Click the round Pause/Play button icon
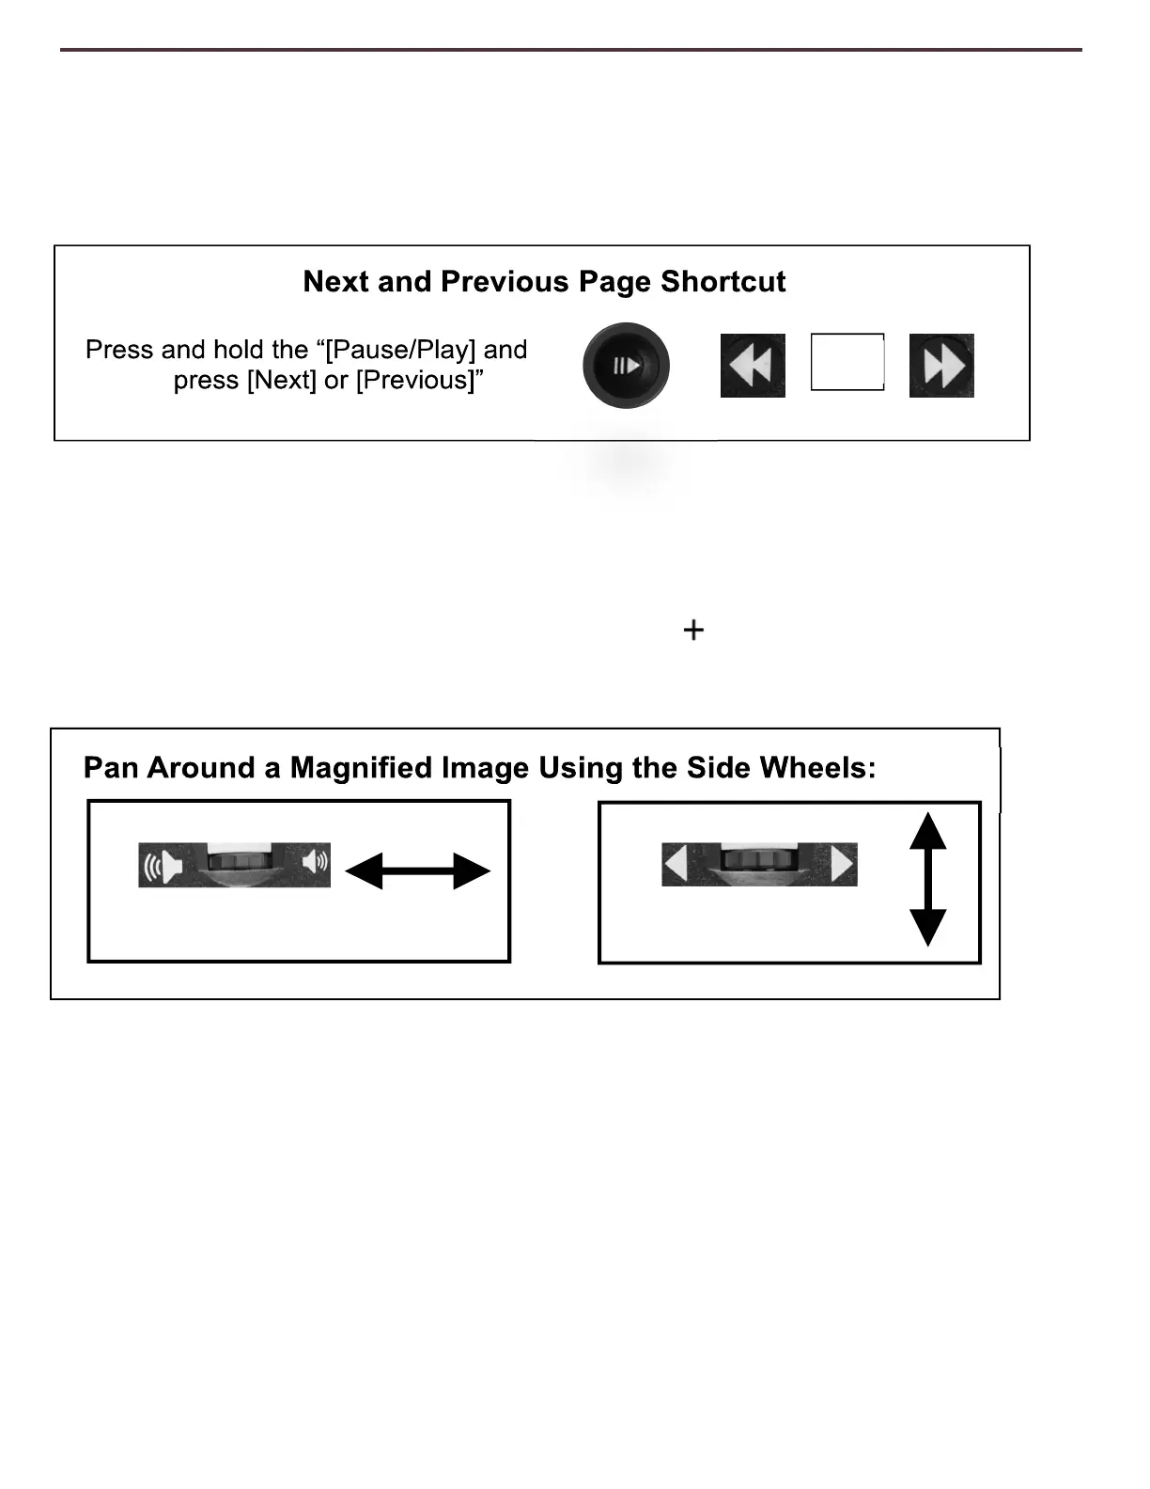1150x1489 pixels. coord(626,366)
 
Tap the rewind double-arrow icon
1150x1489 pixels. coord(753,366)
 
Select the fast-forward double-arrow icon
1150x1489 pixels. coord(941,366)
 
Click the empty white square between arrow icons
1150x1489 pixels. coord(847,362)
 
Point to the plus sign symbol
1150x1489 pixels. coord(693,630)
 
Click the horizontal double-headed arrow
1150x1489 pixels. coord(418,870)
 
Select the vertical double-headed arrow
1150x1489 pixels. coord(928,879)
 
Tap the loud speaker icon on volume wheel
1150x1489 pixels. coord(161,865)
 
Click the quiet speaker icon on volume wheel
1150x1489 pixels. coord(315,861)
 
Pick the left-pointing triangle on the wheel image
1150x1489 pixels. coord(676,864)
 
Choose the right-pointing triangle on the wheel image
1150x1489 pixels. coord(842,864)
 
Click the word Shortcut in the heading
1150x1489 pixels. coord(723,282)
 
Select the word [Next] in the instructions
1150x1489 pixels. coord(281,381)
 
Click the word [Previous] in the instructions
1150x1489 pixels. coord(414,381)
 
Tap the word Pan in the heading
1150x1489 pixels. coord(103,768)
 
